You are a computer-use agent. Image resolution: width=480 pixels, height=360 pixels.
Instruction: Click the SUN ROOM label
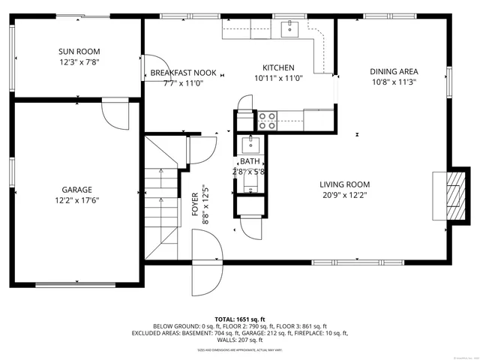pos(78,52)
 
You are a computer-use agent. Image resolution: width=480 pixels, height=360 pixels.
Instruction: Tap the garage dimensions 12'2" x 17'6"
pos(78,200)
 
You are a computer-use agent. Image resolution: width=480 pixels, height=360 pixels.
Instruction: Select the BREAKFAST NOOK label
pos(183,73)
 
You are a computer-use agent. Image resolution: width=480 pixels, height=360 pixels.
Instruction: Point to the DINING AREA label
pos(393,72)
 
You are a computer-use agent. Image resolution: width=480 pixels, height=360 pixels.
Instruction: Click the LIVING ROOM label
pos(344,184)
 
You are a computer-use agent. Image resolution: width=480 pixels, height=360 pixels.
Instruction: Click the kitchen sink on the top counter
pos(289,29)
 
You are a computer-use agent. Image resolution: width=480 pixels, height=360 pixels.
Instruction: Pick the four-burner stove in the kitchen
pos(267,120)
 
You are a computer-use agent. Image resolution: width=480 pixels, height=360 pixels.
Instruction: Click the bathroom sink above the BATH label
pos(249,144)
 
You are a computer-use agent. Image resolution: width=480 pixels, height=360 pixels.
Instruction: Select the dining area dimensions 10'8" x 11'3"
pos(393,82)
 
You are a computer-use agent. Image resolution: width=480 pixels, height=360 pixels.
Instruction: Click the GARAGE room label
pos(78,190)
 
